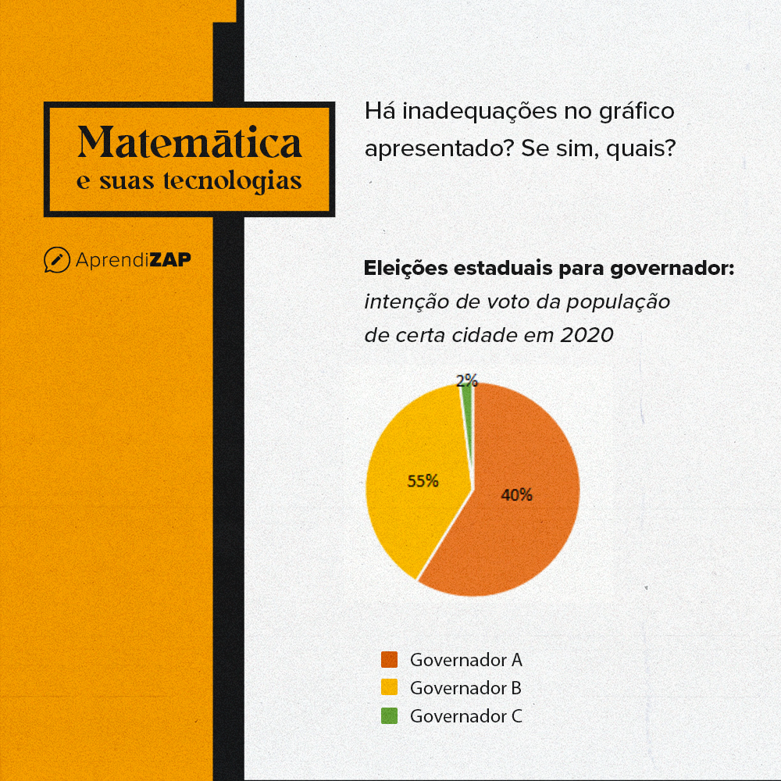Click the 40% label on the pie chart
[516, 495]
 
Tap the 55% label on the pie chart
[423, 481]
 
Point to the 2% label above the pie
[466, 380]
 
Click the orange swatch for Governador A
[389, 660]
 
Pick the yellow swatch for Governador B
[389, 688]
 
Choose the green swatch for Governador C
[389, 715]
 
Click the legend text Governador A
[465, 660]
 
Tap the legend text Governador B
[465, 688]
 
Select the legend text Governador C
[465, 715]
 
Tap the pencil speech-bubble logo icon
[56, 259]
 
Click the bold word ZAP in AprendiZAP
[169, 259]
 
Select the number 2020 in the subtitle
[587, 335]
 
